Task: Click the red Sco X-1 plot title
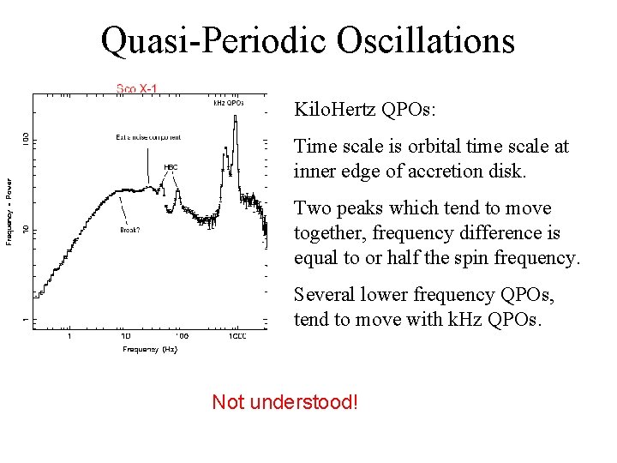(x=136, y=87)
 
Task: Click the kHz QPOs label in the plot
(x=229, y=103)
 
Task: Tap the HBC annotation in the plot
(x=171, y=167)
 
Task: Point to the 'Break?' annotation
(x=130, y=229)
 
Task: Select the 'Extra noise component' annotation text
(x=148, y=137)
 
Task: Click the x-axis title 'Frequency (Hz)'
(x=150, y=349)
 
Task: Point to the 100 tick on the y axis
(x=26, y=137)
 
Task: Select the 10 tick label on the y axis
(x=26, y=228)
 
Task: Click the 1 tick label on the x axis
(x=69, y=336)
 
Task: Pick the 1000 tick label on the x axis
(x=237, y=336)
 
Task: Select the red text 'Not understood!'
(x=285, y=401)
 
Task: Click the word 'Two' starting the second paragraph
(x=310, y=208)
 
